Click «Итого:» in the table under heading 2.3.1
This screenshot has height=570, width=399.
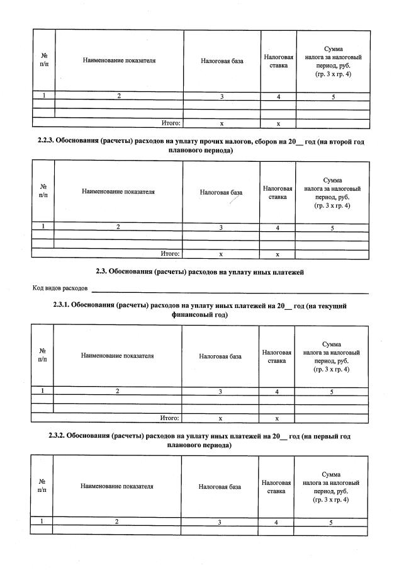pos(170,418)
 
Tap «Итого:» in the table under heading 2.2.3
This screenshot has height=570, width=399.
pos(171,254)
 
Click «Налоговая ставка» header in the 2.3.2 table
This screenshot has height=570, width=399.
pos(276,486)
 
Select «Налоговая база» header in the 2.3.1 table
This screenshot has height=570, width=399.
pos(220,356)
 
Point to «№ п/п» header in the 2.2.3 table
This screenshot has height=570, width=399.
pos(43,191)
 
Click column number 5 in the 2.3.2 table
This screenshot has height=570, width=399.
pos(331,522)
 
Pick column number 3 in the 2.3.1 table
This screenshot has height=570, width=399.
pos(220,392)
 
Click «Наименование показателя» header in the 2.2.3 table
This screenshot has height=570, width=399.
pos(118,191)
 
